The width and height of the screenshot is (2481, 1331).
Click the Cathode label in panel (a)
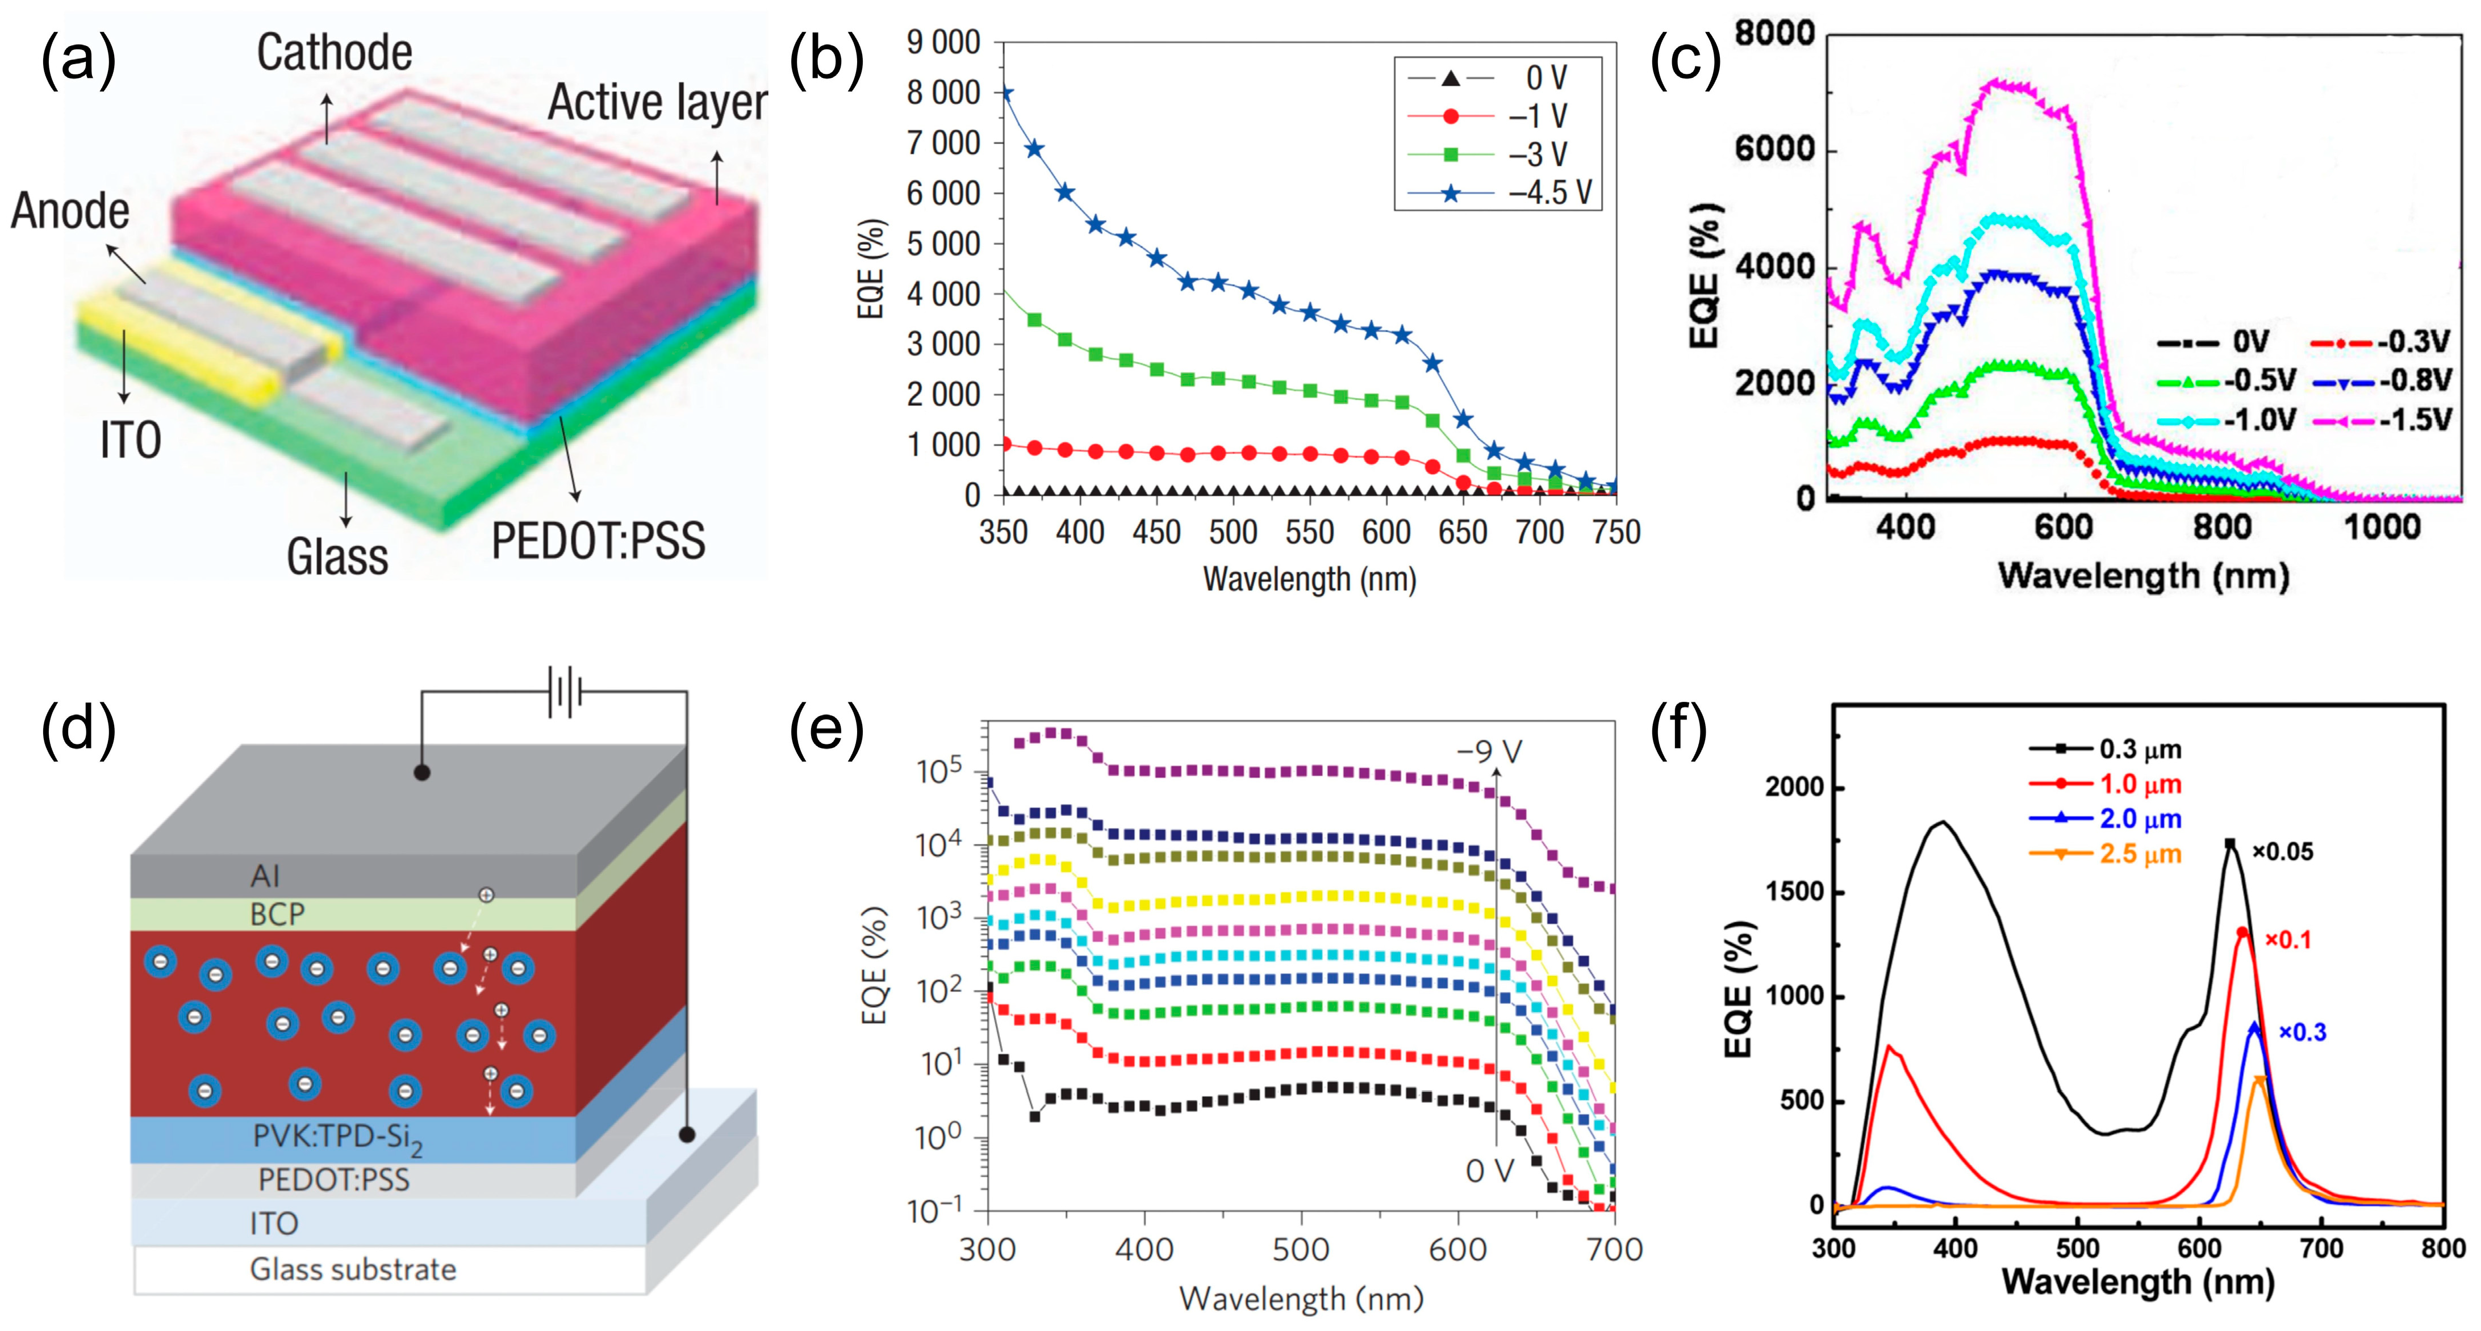pyautogui.click(x=334, y=53)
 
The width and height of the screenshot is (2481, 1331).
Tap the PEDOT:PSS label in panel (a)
pyautogui.click(x=598, y=541)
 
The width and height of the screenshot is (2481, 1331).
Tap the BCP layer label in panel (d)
pyautogui.click(x=277, y=914)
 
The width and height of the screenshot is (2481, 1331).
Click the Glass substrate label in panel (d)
pyautogui.click(x=353, y=1269)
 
